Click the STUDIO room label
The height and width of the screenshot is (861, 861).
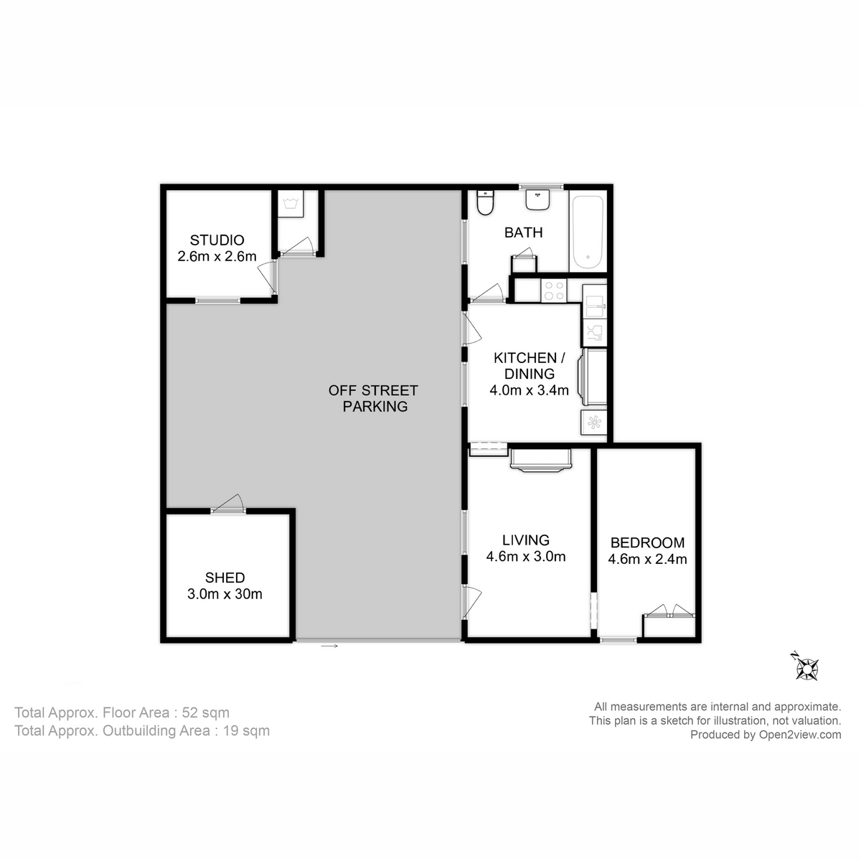click(217, 240)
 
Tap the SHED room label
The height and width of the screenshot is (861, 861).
click(225, 578)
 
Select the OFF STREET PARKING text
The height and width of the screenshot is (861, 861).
click(374, 398)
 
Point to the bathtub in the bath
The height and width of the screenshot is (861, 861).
click(588, 231)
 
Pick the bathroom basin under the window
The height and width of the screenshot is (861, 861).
click(537, 199)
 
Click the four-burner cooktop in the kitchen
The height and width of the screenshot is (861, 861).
click(554, 290)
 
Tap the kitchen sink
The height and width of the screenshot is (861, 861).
click(594, 301)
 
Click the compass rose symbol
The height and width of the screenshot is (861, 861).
click(806, 669)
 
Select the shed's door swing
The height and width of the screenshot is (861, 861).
click(229, 503)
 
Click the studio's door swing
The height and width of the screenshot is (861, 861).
click(267, 278)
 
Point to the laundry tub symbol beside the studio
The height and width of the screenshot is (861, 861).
click(291, 204)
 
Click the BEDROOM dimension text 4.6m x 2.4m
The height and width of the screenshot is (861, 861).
click(647, 559)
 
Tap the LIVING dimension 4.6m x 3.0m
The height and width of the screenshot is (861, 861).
click(526, 557)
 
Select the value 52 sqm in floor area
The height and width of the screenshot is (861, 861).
click(205, 712)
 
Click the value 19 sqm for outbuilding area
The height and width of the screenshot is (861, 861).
click(246, 731)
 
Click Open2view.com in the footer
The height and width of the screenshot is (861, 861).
click(800, 735)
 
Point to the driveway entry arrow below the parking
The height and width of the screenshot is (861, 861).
click(329, 646)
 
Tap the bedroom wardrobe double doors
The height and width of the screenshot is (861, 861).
click(669, 611)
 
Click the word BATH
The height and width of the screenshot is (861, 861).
click(523, 232)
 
